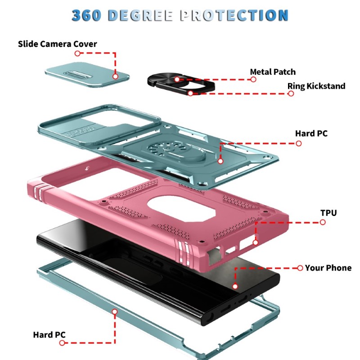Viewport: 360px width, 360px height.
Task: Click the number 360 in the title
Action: pyautogui.click(x=86, y=15)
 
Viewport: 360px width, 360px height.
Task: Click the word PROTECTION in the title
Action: pyautogui.click(x=234, y=15)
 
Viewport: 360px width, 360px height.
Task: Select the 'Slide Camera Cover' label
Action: pyautogui.click(x=58, y=44)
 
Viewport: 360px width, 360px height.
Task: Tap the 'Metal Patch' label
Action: pyautogui.click(x=273, y=72)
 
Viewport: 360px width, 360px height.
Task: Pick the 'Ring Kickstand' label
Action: pyautogui.click(x=316, y=86)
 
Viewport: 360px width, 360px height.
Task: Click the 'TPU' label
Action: pyautogui.click(x=328, y=213)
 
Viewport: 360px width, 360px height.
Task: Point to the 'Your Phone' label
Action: pyautogui.click(x=328, y=268)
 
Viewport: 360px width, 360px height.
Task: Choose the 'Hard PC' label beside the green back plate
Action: pyautogui.click(x=311, y=133)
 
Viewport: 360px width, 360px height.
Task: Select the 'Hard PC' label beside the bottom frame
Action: pyautogui.click(x=49, y=335)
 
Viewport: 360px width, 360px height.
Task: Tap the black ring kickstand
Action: pyautogui.click(x=181, y=84)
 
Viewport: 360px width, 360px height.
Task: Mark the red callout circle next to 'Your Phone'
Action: pyautogui.click(x=300, y=268)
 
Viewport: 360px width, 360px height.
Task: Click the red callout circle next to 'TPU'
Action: pyautogui.click(x=323, y=222)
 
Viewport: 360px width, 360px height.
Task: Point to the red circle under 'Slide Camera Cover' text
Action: pyautogui.click(x=77, y=53)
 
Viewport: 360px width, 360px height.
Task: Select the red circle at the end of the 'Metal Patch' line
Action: pyautogui.click(x=253, y=80)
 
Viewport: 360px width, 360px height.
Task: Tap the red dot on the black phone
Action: pyautogui.click(x=235, y=286)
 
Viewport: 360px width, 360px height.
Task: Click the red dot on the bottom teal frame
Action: pyautogui.click(x=115, y=311)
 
